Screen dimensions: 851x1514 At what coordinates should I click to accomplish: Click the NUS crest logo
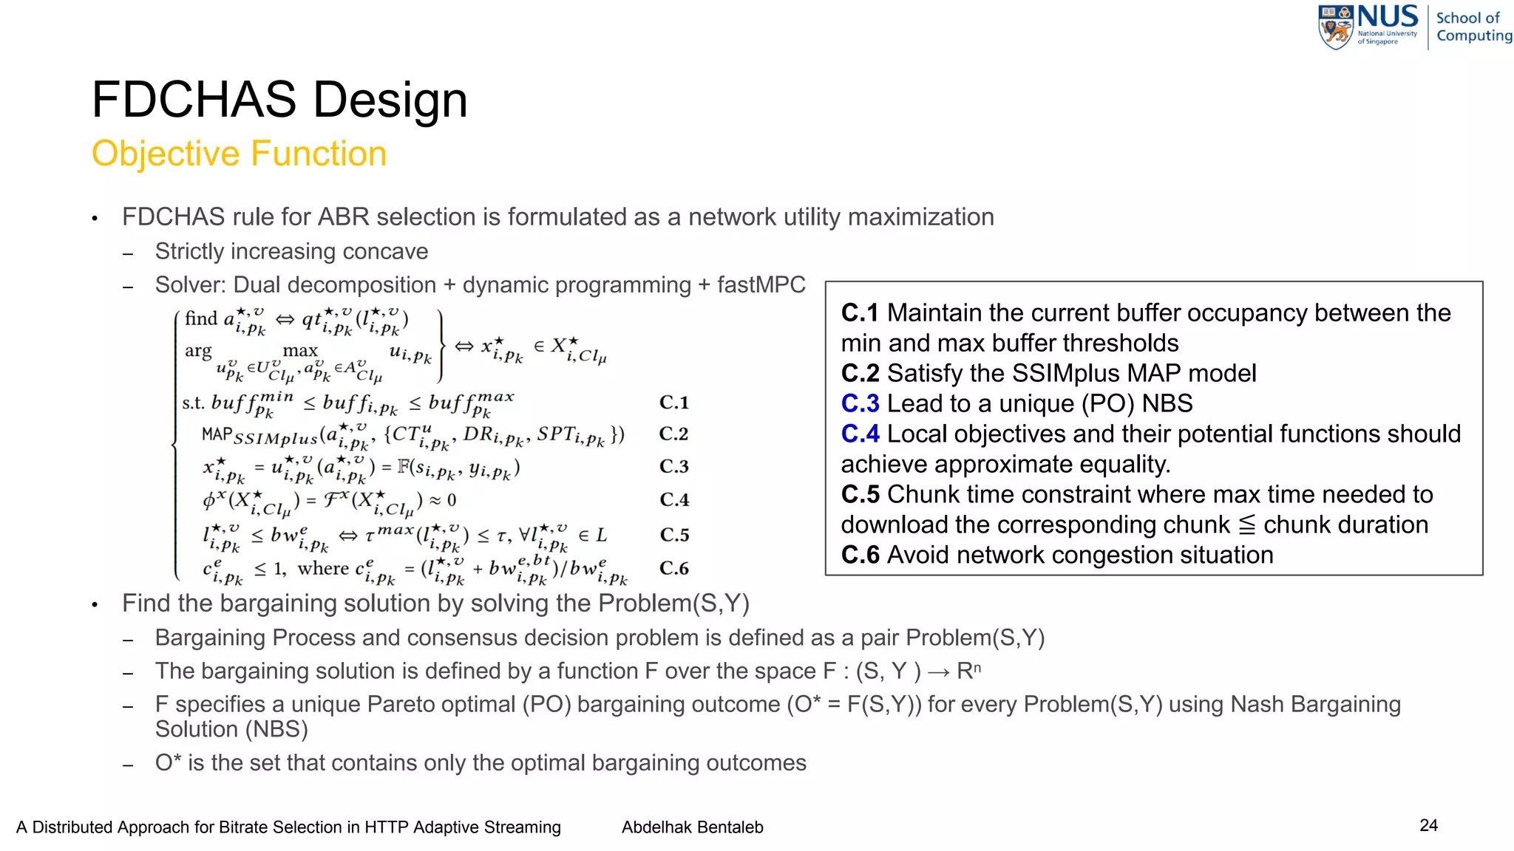tap(1336, 27)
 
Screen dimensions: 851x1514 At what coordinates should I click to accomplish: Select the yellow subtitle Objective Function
tap(239, 154)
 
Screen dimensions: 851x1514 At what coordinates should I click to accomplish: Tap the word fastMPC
tap(761, 284)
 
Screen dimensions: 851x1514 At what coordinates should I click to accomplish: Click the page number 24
tap(1428, 825)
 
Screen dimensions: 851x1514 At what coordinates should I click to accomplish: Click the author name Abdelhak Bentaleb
tap(692, 827)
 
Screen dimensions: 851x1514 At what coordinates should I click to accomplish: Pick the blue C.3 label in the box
tap(860, 403)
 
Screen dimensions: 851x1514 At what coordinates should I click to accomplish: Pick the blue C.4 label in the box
tap(860, 434)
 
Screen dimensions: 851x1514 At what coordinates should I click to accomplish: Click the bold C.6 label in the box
tap(860, 555)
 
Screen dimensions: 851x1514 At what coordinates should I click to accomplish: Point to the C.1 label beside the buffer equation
tap(673, 403)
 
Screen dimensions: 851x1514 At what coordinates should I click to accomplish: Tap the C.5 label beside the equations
tap(674, 534)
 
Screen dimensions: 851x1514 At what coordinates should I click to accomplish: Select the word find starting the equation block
tap(201, 318)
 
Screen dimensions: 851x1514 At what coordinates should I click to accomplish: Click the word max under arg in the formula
tap(300, 350)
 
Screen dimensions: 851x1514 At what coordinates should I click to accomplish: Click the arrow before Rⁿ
tap(939, 671)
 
